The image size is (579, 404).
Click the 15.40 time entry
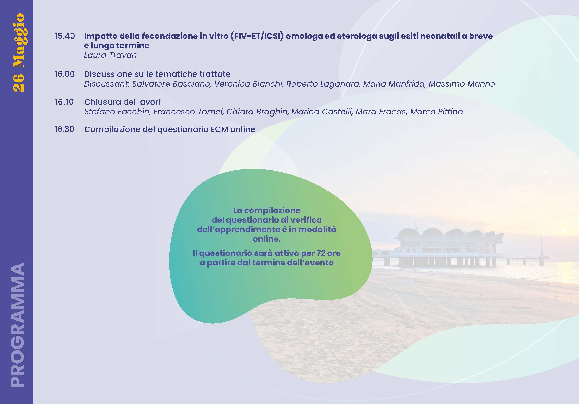pos(65,36)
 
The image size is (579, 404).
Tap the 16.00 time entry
pos(65,74)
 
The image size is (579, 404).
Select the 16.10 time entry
pos(64,102)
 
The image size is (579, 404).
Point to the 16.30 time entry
pos(64,129)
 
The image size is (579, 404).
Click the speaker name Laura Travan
pos(110,55)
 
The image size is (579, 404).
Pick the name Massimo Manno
pos(462,84)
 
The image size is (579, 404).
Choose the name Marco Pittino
pos(436,111)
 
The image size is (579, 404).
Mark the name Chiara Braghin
pos(257,111)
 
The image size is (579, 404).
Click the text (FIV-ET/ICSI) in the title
pos(257,36)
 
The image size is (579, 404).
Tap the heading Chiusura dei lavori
pos(122,102)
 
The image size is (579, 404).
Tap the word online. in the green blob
pos(267,239)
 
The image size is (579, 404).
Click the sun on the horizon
pos(564,230)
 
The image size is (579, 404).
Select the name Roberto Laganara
pos(323,84)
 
